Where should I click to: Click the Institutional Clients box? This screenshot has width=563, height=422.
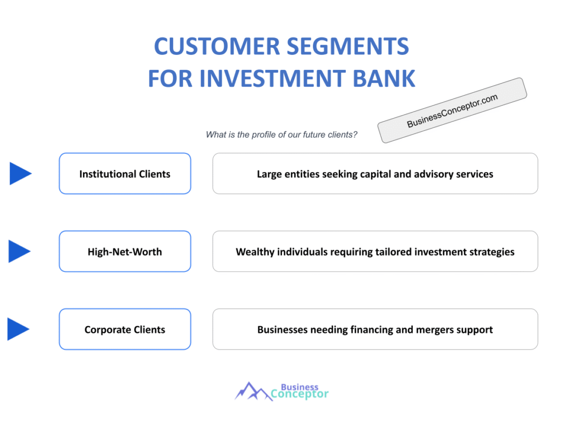[x=125, y=174]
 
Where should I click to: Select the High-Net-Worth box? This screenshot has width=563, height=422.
[x=125, y=252]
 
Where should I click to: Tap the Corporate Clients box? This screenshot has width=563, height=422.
[x=125, y=330]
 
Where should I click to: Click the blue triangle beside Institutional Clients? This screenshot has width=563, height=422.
[x=19, y=174]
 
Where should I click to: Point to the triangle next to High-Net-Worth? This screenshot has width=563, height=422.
[x=19, y=252]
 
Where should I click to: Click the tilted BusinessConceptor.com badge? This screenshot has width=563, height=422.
[x=452, y=110]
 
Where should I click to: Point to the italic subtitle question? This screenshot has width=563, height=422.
[x=281, y=135]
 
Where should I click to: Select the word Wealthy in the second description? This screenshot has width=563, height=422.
[x=254, y=252]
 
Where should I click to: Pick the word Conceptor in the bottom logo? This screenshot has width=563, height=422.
[x=300, y=394]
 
